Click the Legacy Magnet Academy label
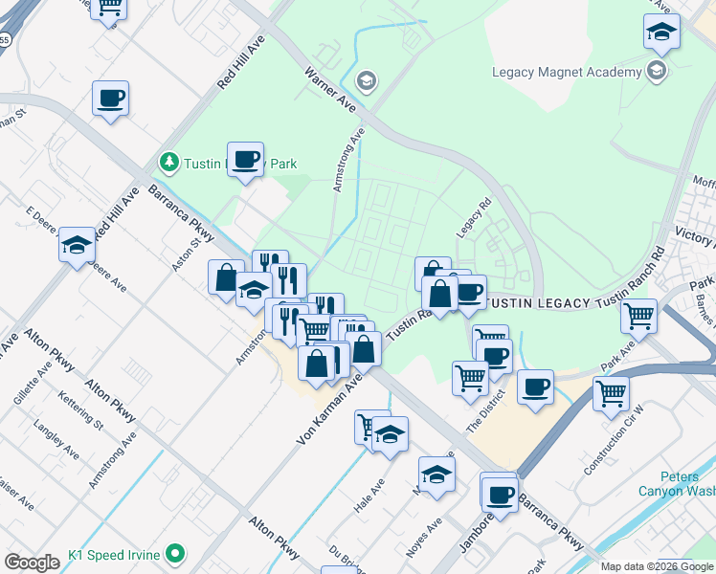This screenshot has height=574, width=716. point(566,72)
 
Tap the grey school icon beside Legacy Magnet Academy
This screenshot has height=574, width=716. point(657,71)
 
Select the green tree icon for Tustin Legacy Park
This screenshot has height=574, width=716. point(169,163)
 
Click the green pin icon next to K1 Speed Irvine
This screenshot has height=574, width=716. point(175,554)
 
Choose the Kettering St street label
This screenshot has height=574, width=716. point(78,408)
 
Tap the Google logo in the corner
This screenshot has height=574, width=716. point(32,562)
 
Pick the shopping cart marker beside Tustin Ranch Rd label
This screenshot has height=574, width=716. point(638,315)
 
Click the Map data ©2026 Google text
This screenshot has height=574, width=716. point(656,566)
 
